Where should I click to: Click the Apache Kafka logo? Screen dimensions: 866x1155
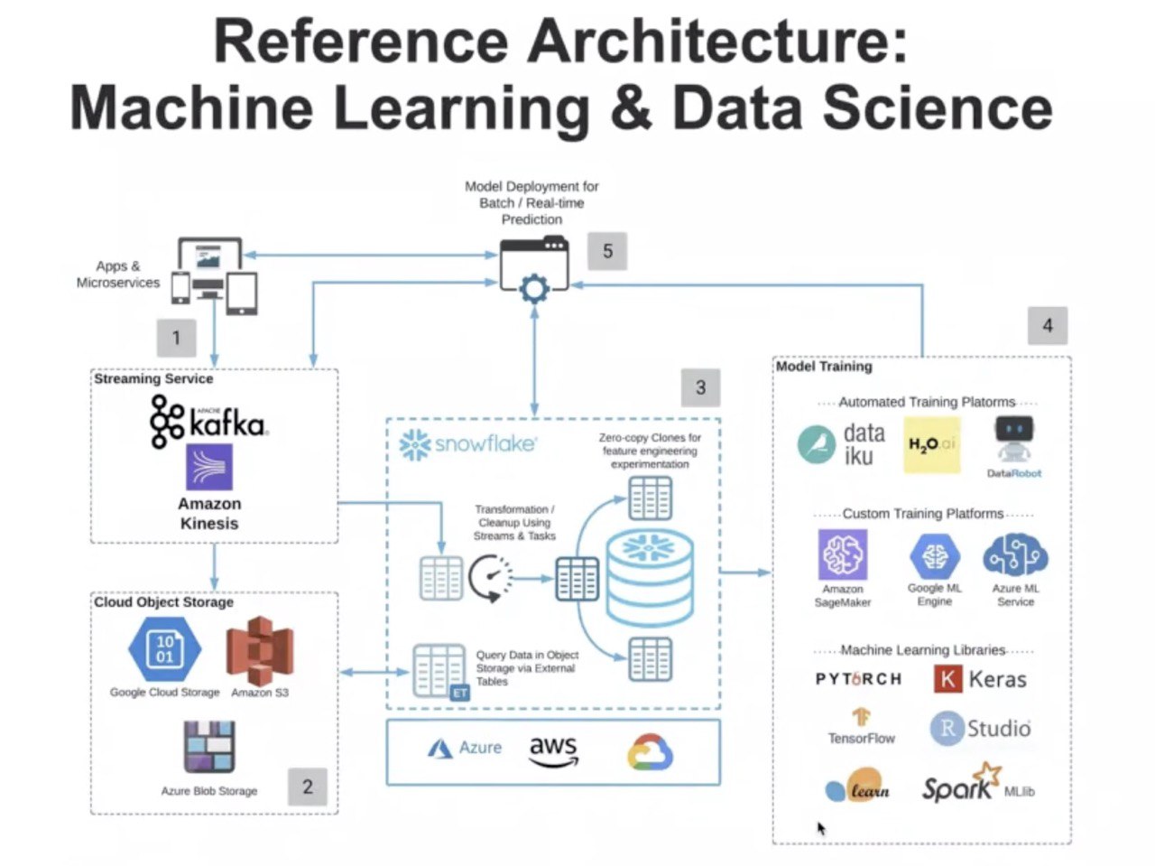(x=208, y=422)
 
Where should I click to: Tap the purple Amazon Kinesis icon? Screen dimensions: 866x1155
(x=209, y=468)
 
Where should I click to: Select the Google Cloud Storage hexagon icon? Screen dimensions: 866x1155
(x=165, y=649)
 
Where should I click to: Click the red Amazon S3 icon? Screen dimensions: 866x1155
(x=260, y=649)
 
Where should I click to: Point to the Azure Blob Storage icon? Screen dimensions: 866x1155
(x=209, y=747)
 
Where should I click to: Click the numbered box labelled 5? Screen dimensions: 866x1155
(x=607, y=251)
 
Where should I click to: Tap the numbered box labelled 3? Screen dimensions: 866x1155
(x=700, y=388)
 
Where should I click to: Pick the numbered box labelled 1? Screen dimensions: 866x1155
(x=176, y=338)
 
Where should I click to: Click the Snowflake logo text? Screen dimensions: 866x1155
(x=467, y=444)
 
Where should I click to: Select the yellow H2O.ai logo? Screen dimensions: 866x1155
(x=932, y=444)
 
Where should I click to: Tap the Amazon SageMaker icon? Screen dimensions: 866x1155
(x=843, y=554)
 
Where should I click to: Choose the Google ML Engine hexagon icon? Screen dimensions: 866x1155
(x=934, y=556)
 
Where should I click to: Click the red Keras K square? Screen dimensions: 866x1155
(x=947, y=679)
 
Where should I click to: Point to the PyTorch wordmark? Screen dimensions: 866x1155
(x=858, y=679)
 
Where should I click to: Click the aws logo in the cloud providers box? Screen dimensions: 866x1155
(x=553, y=750)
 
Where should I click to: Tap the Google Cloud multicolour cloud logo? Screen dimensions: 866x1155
(x=650, y=752)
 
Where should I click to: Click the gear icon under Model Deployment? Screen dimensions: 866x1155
(x=535, y=289)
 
